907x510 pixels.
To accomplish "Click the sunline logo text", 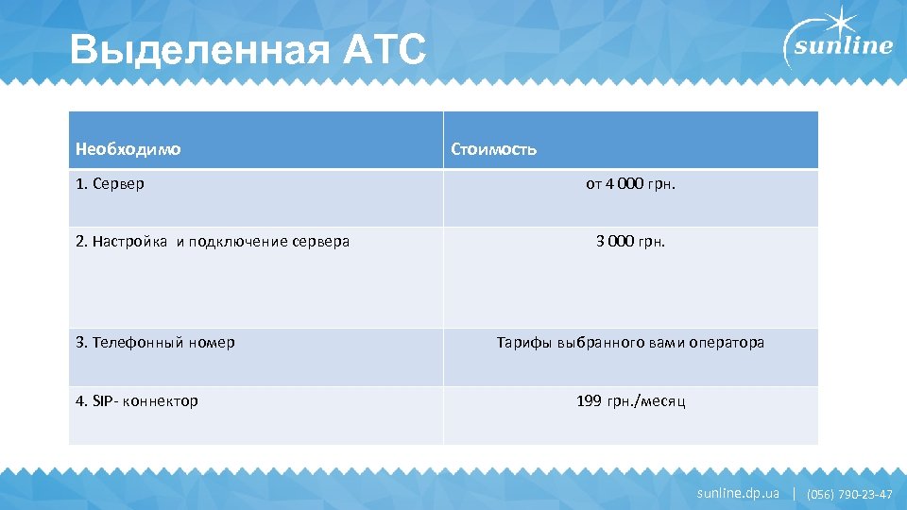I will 843,48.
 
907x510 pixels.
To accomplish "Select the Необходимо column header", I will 128,149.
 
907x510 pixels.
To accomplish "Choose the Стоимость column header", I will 494,149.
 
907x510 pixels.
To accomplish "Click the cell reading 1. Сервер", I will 111,183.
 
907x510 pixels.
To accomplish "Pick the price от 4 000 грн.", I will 630,183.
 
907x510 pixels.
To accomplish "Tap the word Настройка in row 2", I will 132,241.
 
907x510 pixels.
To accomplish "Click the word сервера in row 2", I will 319,241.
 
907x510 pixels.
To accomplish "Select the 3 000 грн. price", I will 630,241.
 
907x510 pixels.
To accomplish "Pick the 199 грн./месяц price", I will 630,401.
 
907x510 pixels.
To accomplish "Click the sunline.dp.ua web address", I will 738,493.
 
